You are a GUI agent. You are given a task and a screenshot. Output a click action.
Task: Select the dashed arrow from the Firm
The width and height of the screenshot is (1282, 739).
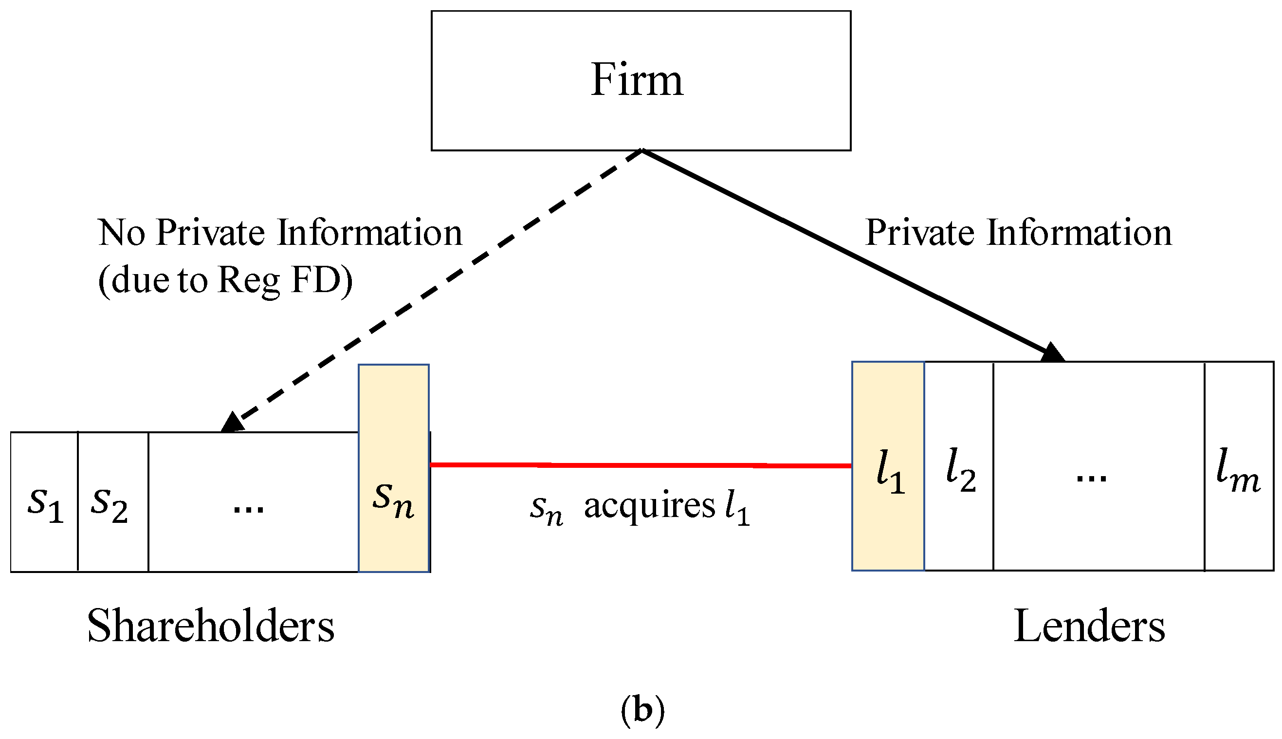pyautogui.click(x=436, y=287)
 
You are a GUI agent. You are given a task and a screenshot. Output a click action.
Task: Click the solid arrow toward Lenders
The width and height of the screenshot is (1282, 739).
pyautogui.click(x=842, y=251)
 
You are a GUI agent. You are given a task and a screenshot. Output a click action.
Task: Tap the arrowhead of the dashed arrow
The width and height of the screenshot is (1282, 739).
pyautogui.click(x=233, y=422)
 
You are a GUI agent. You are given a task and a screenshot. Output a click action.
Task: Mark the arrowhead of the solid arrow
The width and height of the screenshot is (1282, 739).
pyautogui.click(x=1052, y=353)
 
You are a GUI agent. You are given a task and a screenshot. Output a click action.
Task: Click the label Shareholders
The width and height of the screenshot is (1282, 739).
pyautogui.click(x=211, y=626)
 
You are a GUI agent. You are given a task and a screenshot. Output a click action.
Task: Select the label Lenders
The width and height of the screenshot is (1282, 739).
pyautogui.click(x=1089, y=626)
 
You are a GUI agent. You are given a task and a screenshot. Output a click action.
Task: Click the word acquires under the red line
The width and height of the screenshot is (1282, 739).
pyautogui.click(x=649, y=506)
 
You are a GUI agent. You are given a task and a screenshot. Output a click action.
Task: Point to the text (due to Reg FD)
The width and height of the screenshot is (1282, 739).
pyautogui.click(x=225, y=281)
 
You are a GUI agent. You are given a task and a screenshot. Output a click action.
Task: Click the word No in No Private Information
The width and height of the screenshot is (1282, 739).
pyautogui.click(x=122, y=233)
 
